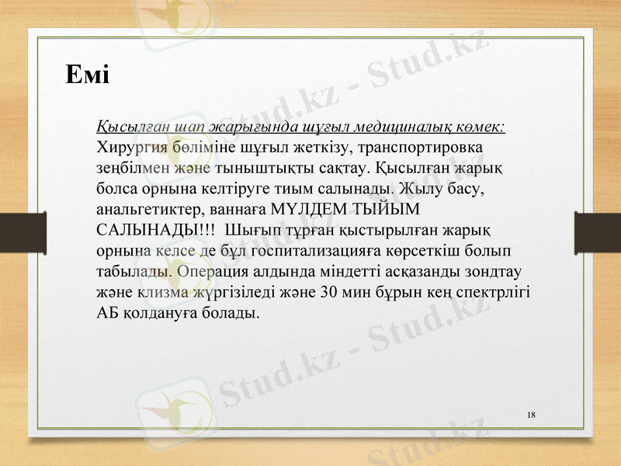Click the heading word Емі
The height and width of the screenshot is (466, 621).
click(86, 75)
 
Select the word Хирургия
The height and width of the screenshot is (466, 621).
click(128, 147)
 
